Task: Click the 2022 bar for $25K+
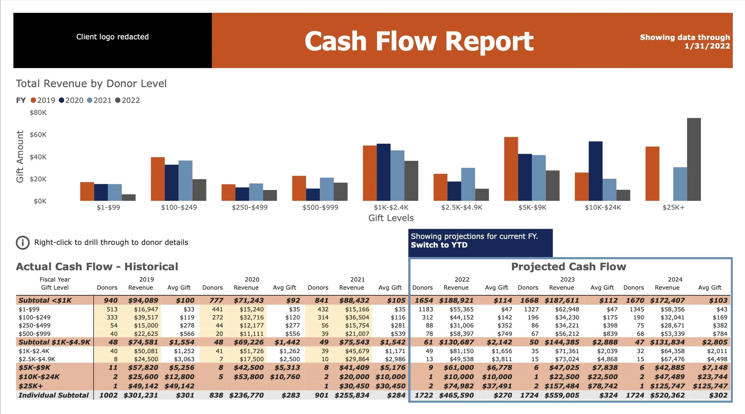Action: coord(694,160)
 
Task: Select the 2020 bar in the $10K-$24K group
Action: coord(595,171)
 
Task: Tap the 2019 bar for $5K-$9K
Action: coord(511,169)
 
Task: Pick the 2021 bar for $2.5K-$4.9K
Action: coord(468,184)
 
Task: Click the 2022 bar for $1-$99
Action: coord(129,197)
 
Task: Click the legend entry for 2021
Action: coord(99,100)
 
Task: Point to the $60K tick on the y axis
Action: coord(38,135)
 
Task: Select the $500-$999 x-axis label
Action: coord(320,207)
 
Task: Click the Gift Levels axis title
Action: coord(391,218)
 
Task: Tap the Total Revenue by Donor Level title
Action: coord(91,84)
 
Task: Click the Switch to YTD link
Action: coord(439,245)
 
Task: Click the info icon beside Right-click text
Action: coord(23,242)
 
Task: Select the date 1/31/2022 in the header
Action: coord(707,46)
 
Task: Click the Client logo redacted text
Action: coord(112,37)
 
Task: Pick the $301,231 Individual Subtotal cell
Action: coord(141,395)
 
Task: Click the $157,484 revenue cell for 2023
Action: coord(562,386)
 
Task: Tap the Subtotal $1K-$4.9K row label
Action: coord(54,342)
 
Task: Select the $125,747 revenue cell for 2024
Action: coord(667,386)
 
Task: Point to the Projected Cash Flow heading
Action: coord(569,266)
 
